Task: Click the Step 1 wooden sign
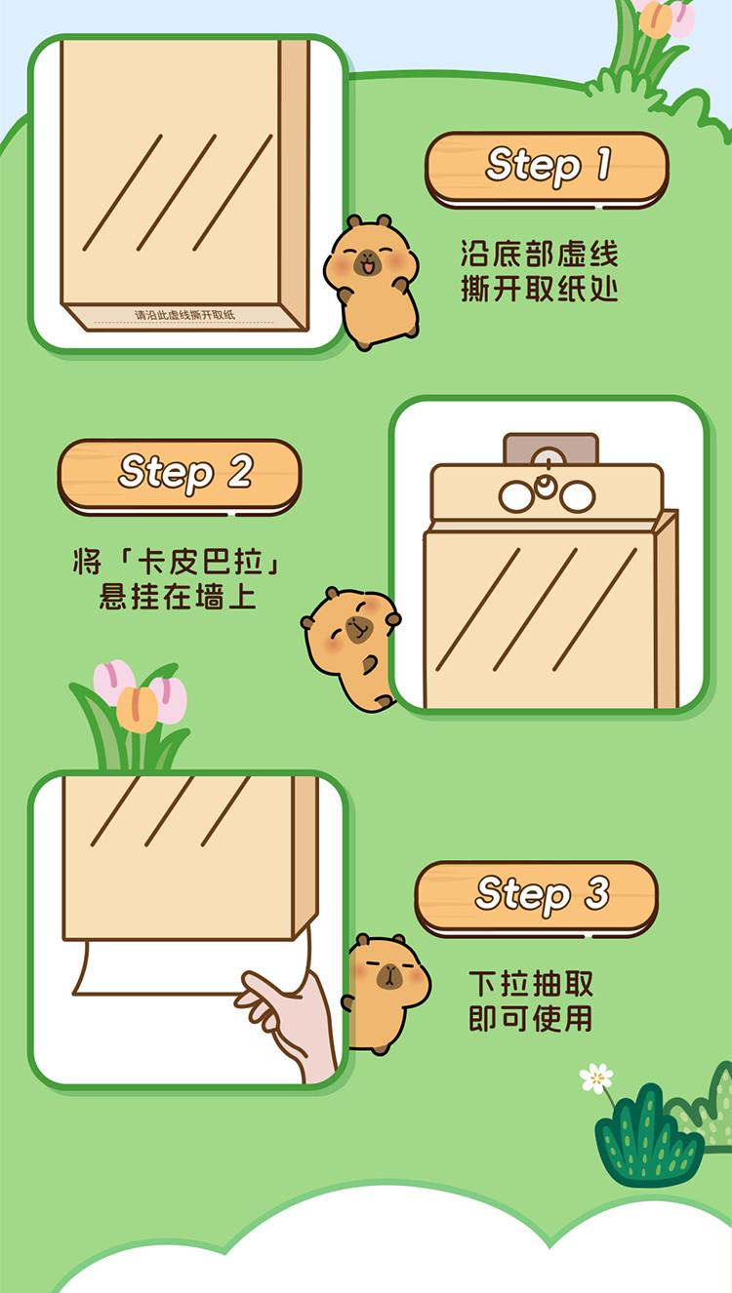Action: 547,169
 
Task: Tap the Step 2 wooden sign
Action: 180,476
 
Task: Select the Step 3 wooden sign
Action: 537,898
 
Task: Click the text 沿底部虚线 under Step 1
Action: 539,254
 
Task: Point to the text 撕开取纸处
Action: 539,289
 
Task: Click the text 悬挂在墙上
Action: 178,596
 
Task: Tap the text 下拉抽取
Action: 531,984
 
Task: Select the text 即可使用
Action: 531,1018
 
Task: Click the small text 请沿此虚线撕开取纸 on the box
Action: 184,315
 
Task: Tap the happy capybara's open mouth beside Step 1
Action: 367,268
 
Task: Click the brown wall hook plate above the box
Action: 550,450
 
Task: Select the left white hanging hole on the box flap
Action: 516,496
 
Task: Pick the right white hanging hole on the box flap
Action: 577,496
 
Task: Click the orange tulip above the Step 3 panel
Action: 138,710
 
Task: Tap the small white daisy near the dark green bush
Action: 596,1077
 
